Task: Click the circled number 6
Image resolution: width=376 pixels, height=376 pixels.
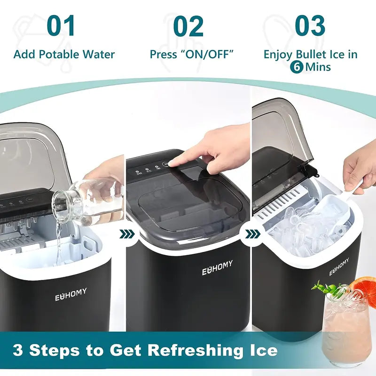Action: point(296,67)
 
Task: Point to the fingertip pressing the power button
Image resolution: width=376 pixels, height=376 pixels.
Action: point(173,163)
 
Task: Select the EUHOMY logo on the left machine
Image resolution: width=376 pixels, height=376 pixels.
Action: point(71,295)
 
